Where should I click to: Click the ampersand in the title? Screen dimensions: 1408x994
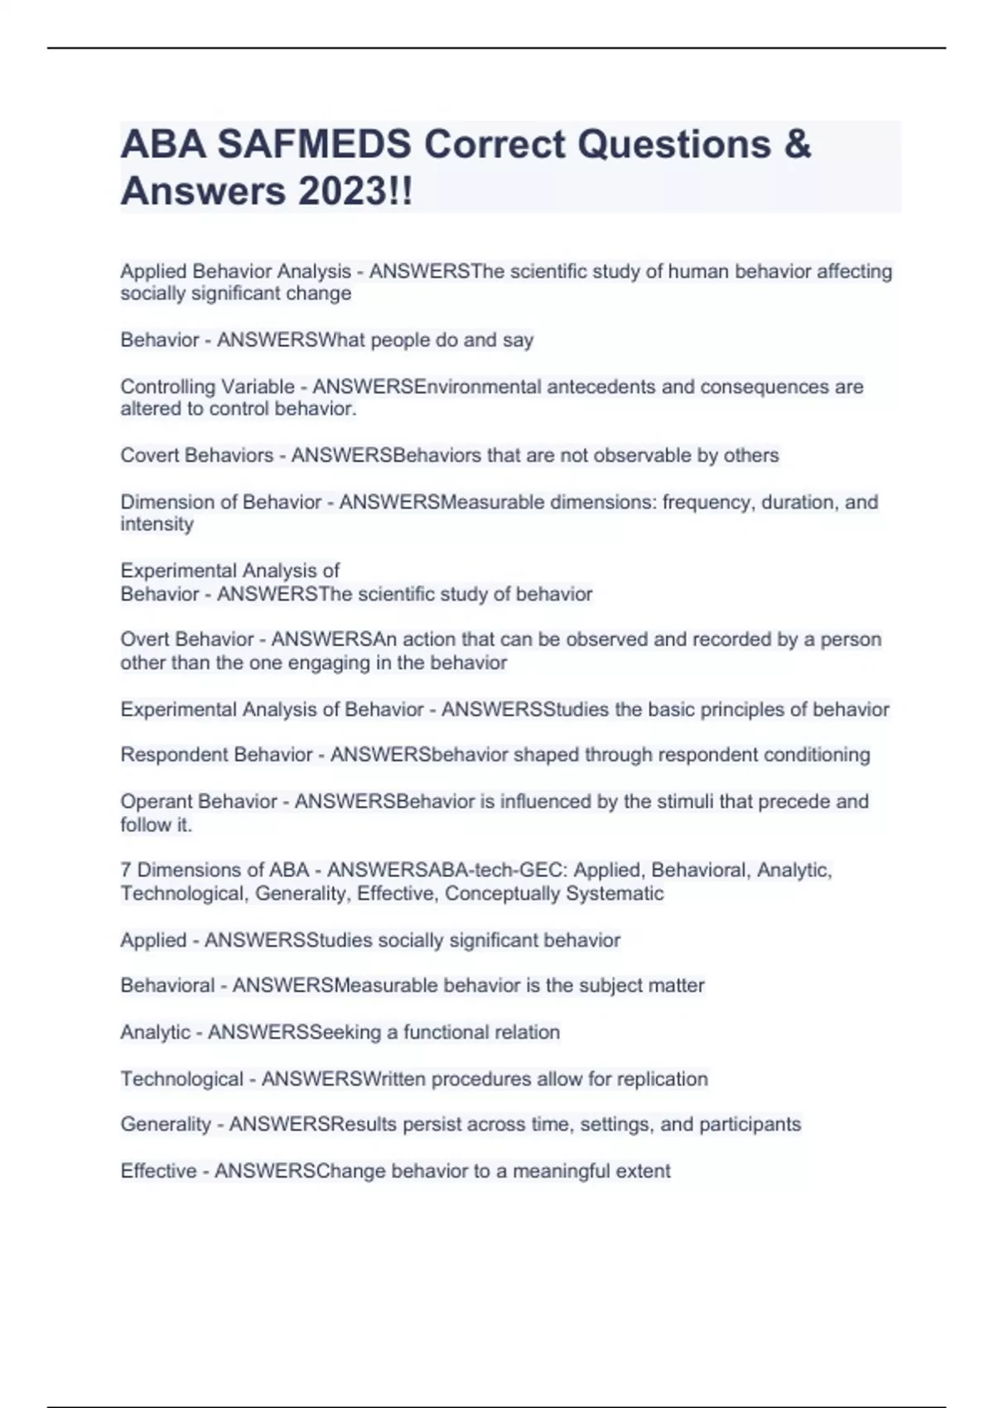pos(796,144)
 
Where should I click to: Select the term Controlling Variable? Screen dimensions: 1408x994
pos(207,387)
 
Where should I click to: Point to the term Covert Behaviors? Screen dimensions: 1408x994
pos(196,456)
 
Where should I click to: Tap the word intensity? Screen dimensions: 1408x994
pos(157,524)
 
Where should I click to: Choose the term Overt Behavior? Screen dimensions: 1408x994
pos(187,639)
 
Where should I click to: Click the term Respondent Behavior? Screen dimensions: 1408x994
pos(216,755)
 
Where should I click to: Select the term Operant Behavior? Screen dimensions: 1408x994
pos(199,802)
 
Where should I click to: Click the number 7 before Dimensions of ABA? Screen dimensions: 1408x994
pos(126,870)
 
